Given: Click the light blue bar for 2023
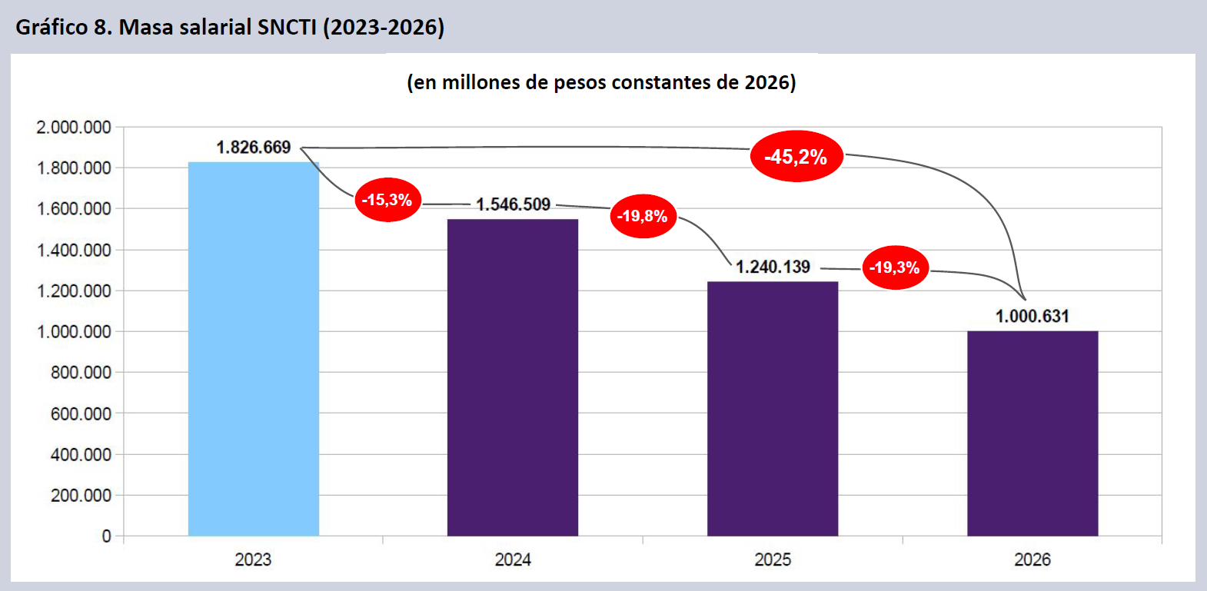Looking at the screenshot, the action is (253, 349).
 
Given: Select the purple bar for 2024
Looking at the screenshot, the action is (513, 377).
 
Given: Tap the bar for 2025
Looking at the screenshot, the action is (773, 409).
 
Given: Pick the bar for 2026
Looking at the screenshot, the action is (1032, 433).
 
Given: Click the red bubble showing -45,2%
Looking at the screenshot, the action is (796, 156).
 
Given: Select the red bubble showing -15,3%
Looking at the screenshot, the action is (387, 200).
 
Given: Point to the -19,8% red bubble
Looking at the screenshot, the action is (643, 216).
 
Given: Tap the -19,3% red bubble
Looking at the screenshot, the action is (895, 267).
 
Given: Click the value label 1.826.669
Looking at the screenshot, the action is (253, 147).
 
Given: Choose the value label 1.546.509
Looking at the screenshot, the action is (513, 204).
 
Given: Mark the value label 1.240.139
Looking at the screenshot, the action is (773, 267).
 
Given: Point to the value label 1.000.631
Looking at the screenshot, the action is (1032, 316).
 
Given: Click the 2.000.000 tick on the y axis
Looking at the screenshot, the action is (73, 128).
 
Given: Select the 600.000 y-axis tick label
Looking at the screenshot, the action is (81, 413).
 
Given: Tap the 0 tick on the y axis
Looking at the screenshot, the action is (107, 536).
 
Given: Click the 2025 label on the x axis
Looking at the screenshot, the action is (773, 559).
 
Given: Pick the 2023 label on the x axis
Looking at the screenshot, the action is (253, 559).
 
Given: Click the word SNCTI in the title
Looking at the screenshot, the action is (287, 27).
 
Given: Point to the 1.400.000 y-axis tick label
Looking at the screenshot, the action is (73, 250).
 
